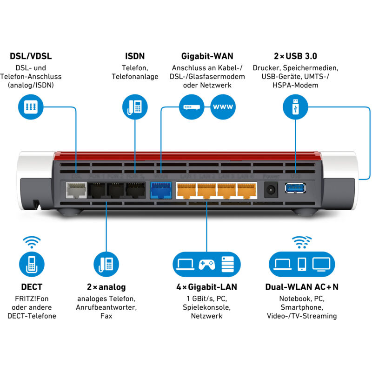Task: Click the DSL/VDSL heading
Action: point(31,56)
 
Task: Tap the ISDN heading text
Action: point(135,56)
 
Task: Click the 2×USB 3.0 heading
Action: point(295,56)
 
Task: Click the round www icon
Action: point(223,107)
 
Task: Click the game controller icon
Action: point(207,264)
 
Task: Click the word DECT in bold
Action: point(31,287)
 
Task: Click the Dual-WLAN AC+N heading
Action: point(301,287)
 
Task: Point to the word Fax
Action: point(106,316)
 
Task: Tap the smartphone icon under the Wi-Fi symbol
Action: point(301,264)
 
